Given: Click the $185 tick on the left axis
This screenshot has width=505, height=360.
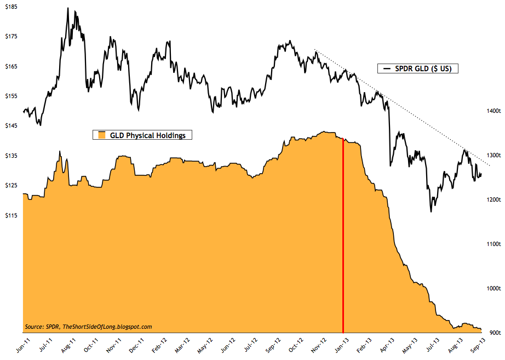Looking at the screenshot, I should (11, 7).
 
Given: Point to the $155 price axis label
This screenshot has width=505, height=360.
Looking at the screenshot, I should (11, 96).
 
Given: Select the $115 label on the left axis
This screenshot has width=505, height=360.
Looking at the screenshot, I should (11, 215).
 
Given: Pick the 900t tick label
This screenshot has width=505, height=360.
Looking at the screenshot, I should (490, 332).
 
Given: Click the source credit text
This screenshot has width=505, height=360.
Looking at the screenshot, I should (88, 327).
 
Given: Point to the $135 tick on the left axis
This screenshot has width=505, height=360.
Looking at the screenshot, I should (11, 156).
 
